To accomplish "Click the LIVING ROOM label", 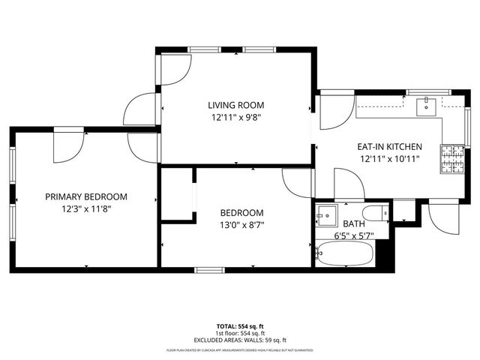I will [x=235, y=105].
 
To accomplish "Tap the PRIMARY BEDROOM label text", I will [x=86, y=196].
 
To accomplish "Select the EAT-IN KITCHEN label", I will [x=389, y=147].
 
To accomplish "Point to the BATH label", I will [x=352, y=223].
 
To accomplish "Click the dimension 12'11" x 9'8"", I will [x=235, y=117].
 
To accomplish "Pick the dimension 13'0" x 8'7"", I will [x=241, y=224].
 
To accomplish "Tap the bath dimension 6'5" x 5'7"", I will [x=352, y=235].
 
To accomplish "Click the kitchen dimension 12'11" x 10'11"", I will [x=389, y=159].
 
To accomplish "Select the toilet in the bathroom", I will [x=374, y=212].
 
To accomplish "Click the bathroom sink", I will [x=325, y=215].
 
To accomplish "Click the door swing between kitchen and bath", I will [x=348, y=185].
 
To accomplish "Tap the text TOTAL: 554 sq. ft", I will [x=240, y=326].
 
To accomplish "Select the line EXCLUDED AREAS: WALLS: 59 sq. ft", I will [x=240, y=340].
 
